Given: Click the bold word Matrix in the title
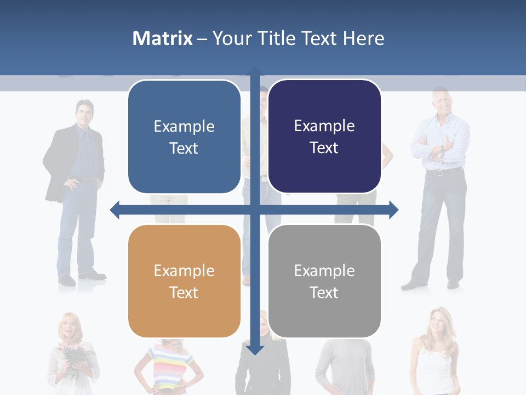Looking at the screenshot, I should click(162, 38).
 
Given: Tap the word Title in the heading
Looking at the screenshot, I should click(277, 38).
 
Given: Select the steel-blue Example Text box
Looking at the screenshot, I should click(184, 137).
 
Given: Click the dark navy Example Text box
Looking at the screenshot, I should click(324, 136).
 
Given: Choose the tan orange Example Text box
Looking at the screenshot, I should click(184, 281).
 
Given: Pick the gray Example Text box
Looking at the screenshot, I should click(324, 281).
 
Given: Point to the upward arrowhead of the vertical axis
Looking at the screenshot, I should click(255, 71).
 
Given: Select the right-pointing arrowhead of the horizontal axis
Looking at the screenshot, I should click(393, 210).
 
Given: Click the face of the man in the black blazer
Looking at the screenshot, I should click(84, 114).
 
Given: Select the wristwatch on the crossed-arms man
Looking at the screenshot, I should click(442, 148).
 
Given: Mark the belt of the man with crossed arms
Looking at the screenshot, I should click(442, 172).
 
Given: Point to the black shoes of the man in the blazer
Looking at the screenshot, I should click(82, 278).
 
